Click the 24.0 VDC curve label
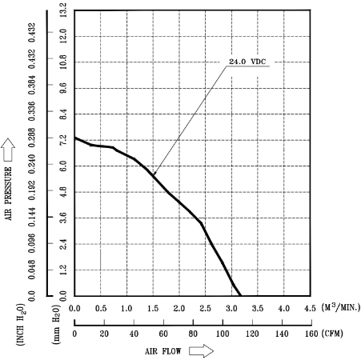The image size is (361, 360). click(247, 62)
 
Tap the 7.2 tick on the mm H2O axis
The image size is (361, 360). click(63, 140)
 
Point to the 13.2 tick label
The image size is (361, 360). click(63, 10)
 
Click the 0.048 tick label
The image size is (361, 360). click(32, 270)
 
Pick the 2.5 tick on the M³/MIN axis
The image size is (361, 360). click(205, 309)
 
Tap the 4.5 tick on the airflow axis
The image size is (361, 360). click(310, 309)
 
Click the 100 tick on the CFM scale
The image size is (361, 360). click(223, 334)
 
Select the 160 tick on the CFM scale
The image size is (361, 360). click(311, 334)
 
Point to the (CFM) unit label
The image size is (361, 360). click(332, 334)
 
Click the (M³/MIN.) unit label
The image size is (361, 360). click(341, 307)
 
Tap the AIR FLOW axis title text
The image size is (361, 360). click(163, 351)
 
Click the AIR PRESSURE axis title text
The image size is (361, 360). click(9, 194)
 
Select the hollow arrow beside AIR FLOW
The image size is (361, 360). click(202, 350)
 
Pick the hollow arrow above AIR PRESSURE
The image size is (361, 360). click(8, 150)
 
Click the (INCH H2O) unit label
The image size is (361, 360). click(21, 325)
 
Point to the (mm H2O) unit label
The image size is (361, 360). click(57, 324)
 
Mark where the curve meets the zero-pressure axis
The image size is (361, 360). click(241, 295)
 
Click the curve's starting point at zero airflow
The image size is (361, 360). click(74, 138)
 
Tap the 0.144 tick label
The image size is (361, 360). click(32, 217)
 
